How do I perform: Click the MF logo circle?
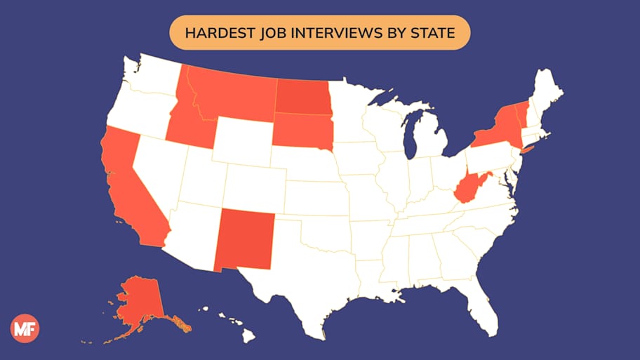[x=25, y=328]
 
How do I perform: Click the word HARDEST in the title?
[x=208, y=33]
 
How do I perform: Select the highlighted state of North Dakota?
[x=302, y=96]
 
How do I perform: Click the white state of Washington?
[x=151, y=81]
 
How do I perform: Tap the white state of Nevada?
[x=158, y=172]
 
